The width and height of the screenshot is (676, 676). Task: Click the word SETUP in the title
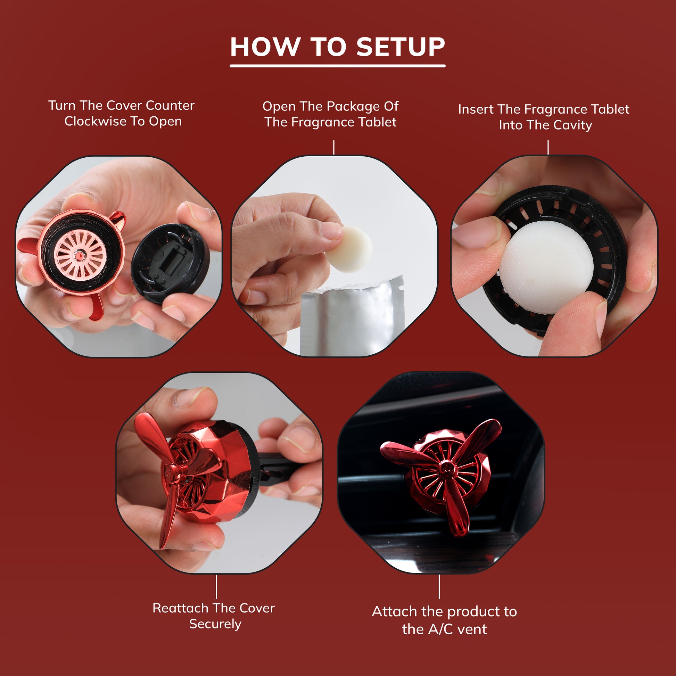click(x=400, y=47)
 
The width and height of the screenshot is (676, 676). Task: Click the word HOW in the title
click(x=265, y=47)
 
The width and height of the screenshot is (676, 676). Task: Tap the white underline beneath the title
click(x=337, y=66)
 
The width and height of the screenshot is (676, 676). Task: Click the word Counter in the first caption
click(x=170, y=105)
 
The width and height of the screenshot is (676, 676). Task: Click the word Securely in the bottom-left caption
click(x=215, y=624)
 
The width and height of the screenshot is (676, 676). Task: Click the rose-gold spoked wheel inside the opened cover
click(x=80, y=255)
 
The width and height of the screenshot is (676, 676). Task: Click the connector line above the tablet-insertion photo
click(x=548, y=147)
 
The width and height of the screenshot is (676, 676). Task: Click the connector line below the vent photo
click(x=439, y=586)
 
